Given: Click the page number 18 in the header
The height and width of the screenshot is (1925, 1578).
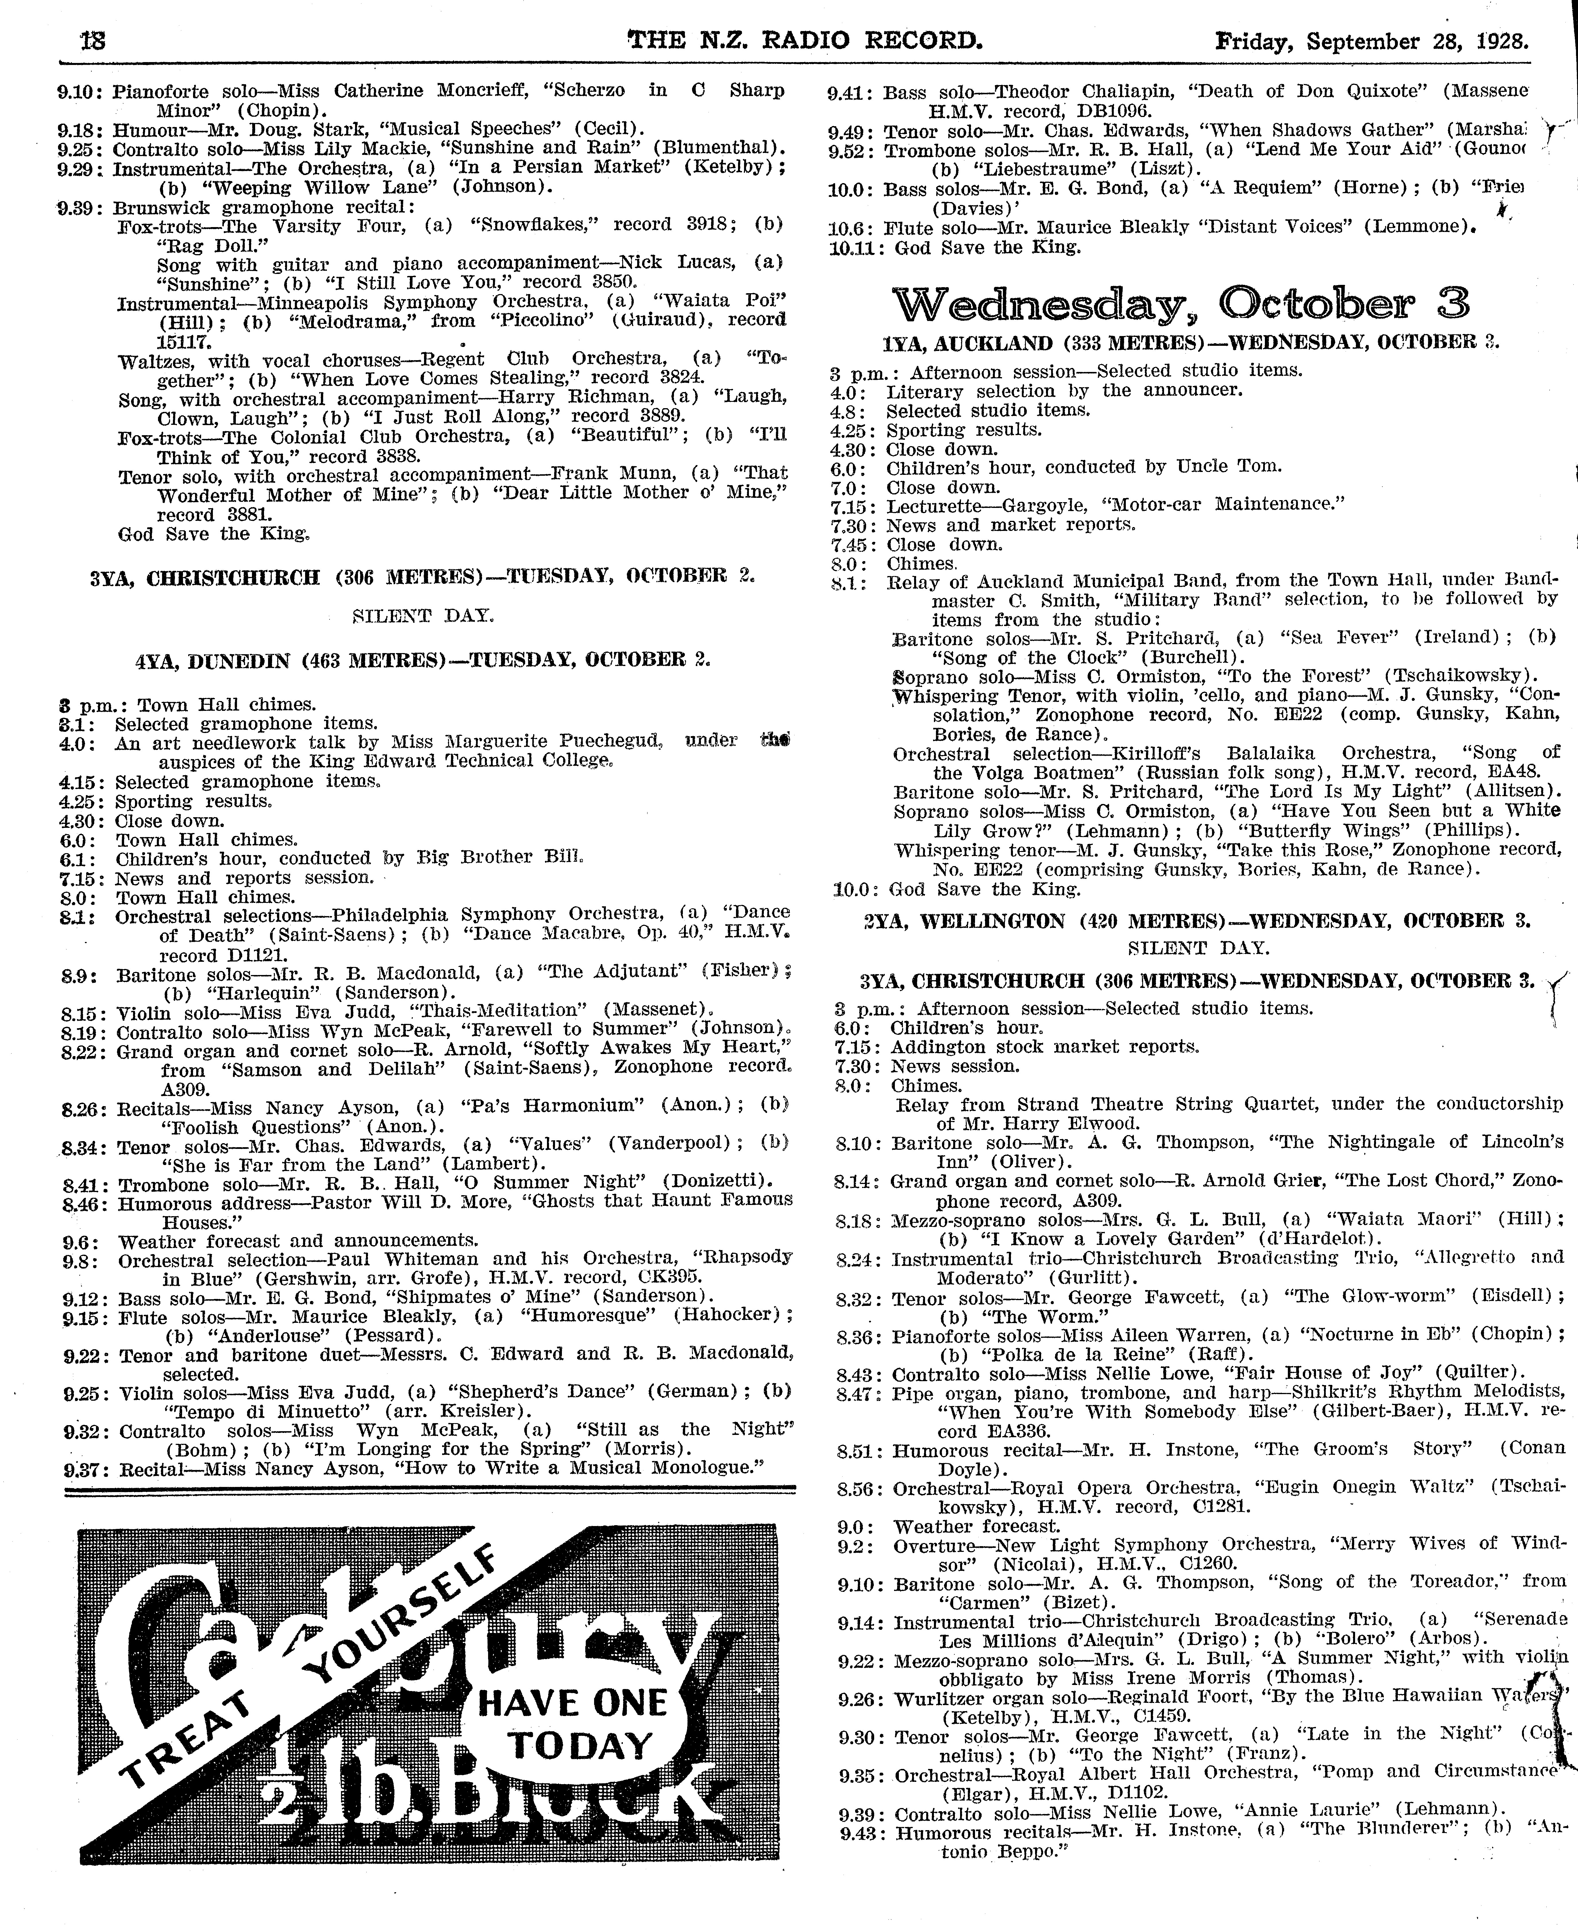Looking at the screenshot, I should (93, 41).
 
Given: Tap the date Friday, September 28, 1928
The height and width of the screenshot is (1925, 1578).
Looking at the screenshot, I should (1372, 41).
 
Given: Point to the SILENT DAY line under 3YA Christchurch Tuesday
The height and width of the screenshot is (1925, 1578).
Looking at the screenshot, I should (423, 616).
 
